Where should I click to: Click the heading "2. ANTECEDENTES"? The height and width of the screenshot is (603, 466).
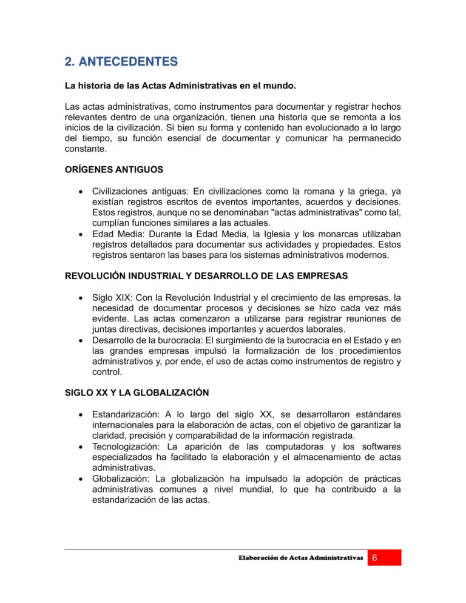121,62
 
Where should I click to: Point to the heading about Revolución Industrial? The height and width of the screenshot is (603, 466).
206,276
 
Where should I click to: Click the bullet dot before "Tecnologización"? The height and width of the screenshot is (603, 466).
80,447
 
